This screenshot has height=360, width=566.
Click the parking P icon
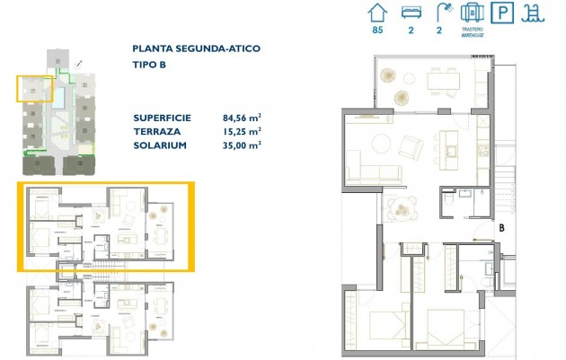506,13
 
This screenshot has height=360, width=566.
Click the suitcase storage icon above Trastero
471,13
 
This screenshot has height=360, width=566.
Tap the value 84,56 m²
242,118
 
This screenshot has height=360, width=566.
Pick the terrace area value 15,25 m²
241,131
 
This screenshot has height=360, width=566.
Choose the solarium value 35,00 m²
241,145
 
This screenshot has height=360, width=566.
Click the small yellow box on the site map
35,91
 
